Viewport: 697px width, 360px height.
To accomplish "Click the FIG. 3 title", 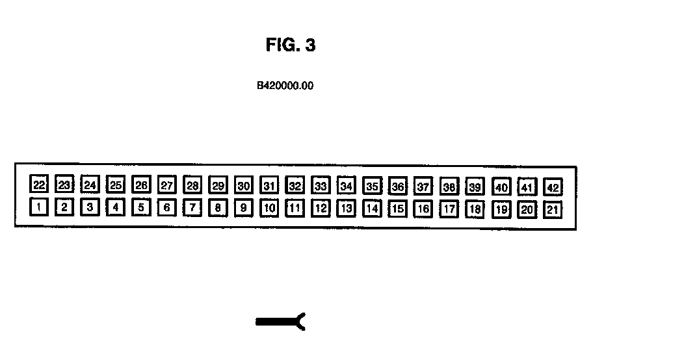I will pyautogui.click(x=291, y=45).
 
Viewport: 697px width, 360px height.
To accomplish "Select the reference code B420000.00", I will pyautogui.click(x=285, y=85).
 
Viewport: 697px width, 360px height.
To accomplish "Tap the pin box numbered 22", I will pyautogui.click(x=39, y=185).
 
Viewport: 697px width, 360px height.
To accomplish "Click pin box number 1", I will pyautogui.click(x=39, y=208).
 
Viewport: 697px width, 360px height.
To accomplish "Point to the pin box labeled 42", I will pyautogui.click(x=553, y=188).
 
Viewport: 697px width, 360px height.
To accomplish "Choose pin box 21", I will pyautogui.click(x=553, y=210).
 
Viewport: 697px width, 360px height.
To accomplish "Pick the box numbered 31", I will pyautogui.click(x=269, y=186).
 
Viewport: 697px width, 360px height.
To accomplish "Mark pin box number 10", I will pyautogui.click(x=269, y=209).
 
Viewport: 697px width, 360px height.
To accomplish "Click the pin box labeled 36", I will pyautogui.click(x=397, y=187).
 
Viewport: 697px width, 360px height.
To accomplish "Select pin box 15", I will pyautogui.click(x=397, y=209).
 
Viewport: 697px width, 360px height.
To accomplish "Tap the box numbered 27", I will pyautogui.click(x=167, y=185).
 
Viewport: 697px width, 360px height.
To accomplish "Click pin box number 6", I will pyautogui.click(x=167, y=208).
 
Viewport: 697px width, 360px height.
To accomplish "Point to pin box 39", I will pyautogui.click(x=475, y=187).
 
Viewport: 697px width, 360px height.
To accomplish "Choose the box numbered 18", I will pyautogui.click(x=475, y=210).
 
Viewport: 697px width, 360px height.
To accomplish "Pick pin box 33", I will pyautogui.click(x=321, y=186).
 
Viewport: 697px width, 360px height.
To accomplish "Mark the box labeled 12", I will pyautogui.click(x=321, y=209).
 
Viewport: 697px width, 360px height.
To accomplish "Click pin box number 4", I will pyautogui.click(x=116, y=208).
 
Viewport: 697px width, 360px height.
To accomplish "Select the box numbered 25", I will pyautogui.click(x=116, y=185).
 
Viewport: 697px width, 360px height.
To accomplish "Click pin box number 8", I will pyautogui.click(x=218, y=209).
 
